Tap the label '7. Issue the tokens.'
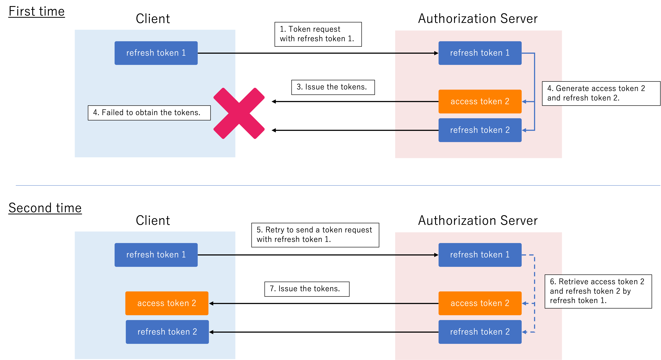[307, 289]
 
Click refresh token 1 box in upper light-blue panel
[156, 53]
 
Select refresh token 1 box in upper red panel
[480, 53]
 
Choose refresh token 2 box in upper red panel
[480, 130]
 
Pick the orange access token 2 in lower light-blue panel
[167, 303]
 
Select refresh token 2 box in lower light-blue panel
[167, 332]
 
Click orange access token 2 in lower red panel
[480, 303]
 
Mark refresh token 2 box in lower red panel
[480, 332]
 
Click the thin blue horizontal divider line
[334, 185]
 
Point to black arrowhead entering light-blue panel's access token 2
[211, 304]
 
